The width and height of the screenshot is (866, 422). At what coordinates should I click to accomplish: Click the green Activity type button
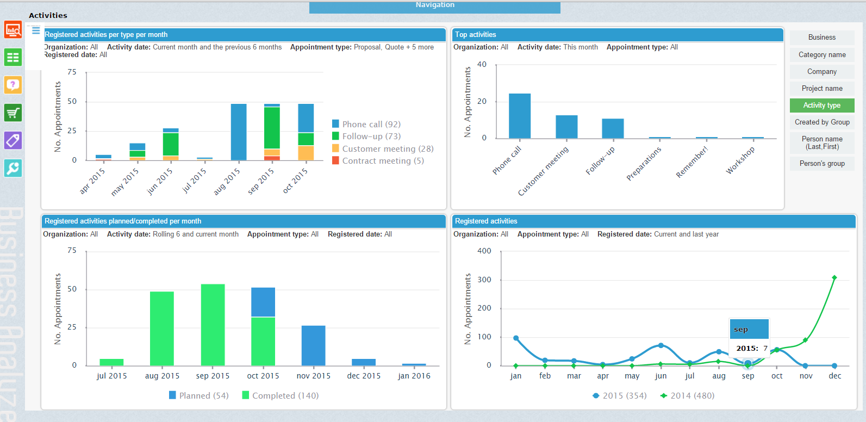tap(821, 105)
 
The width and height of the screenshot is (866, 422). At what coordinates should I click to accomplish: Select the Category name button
tap(821, 55)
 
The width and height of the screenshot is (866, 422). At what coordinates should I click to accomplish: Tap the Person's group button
tap(821, 164)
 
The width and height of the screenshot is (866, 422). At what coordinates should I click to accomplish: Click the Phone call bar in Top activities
tap(519, 116)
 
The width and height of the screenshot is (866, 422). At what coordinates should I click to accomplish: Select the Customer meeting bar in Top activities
tap(566, 127)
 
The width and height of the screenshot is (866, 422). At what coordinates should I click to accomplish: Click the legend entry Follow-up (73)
tap(371, 136)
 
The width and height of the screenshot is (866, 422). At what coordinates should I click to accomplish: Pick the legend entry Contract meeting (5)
tap(382, 161)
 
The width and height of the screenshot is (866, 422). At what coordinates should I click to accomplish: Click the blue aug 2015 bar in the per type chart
tap(239, 132)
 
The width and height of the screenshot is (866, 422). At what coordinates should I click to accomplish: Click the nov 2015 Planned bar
tap(313, 345)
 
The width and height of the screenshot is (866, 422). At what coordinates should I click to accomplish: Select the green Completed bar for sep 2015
tap(213, 325)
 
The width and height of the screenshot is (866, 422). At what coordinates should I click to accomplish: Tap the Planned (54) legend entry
tap(199, 396)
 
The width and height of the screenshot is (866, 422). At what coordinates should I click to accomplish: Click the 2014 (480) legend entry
tap(688, 396)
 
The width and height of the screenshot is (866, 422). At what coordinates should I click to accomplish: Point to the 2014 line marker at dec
tap(834, 278)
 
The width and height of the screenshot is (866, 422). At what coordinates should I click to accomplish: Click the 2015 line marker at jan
tap(516, 338)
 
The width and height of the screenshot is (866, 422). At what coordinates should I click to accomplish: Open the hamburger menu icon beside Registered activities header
tap(36, 30)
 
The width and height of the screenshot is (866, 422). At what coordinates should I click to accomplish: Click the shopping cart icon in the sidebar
tap(13, 113)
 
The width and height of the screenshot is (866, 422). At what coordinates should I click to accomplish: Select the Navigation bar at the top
tap(434, 7)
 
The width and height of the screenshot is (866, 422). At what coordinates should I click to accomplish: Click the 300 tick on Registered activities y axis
tap(484, 280)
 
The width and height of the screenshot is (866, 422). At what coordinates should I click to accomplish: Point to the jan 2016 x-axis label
tap(414, 376)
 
